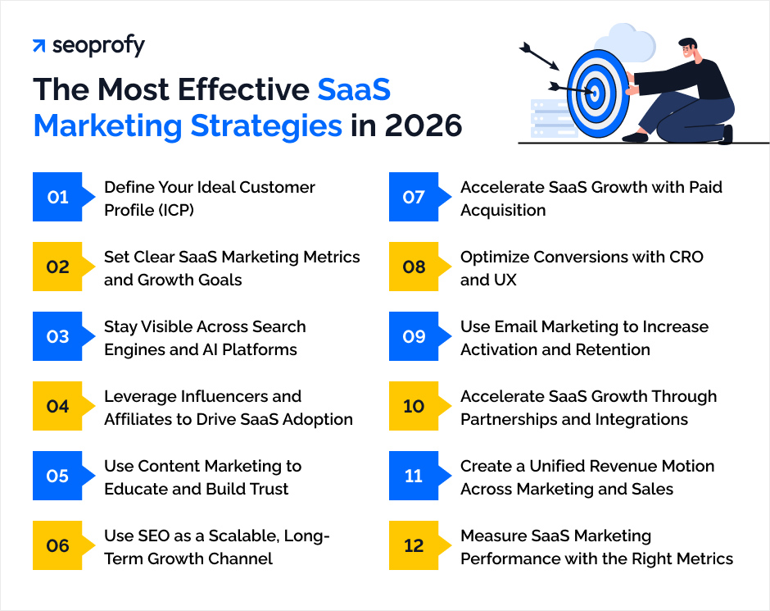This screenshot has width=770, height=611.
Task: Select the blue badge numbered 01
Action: coord(58,197)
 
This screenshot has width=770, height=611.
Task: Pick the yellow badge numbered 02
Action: coord(58,267)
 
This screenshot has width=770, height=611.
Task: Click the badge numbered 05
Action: coord(58,476)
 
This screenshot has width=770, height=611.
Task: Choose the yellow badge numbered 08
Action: coord(414,267)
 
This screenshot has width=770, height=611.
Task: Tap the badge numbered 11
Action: coord(414,476)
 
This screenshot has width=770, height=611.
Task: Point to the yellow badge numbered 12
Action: coord(414,546)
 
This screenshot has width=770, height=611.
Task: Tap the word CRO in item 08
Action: coord(686,257)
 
